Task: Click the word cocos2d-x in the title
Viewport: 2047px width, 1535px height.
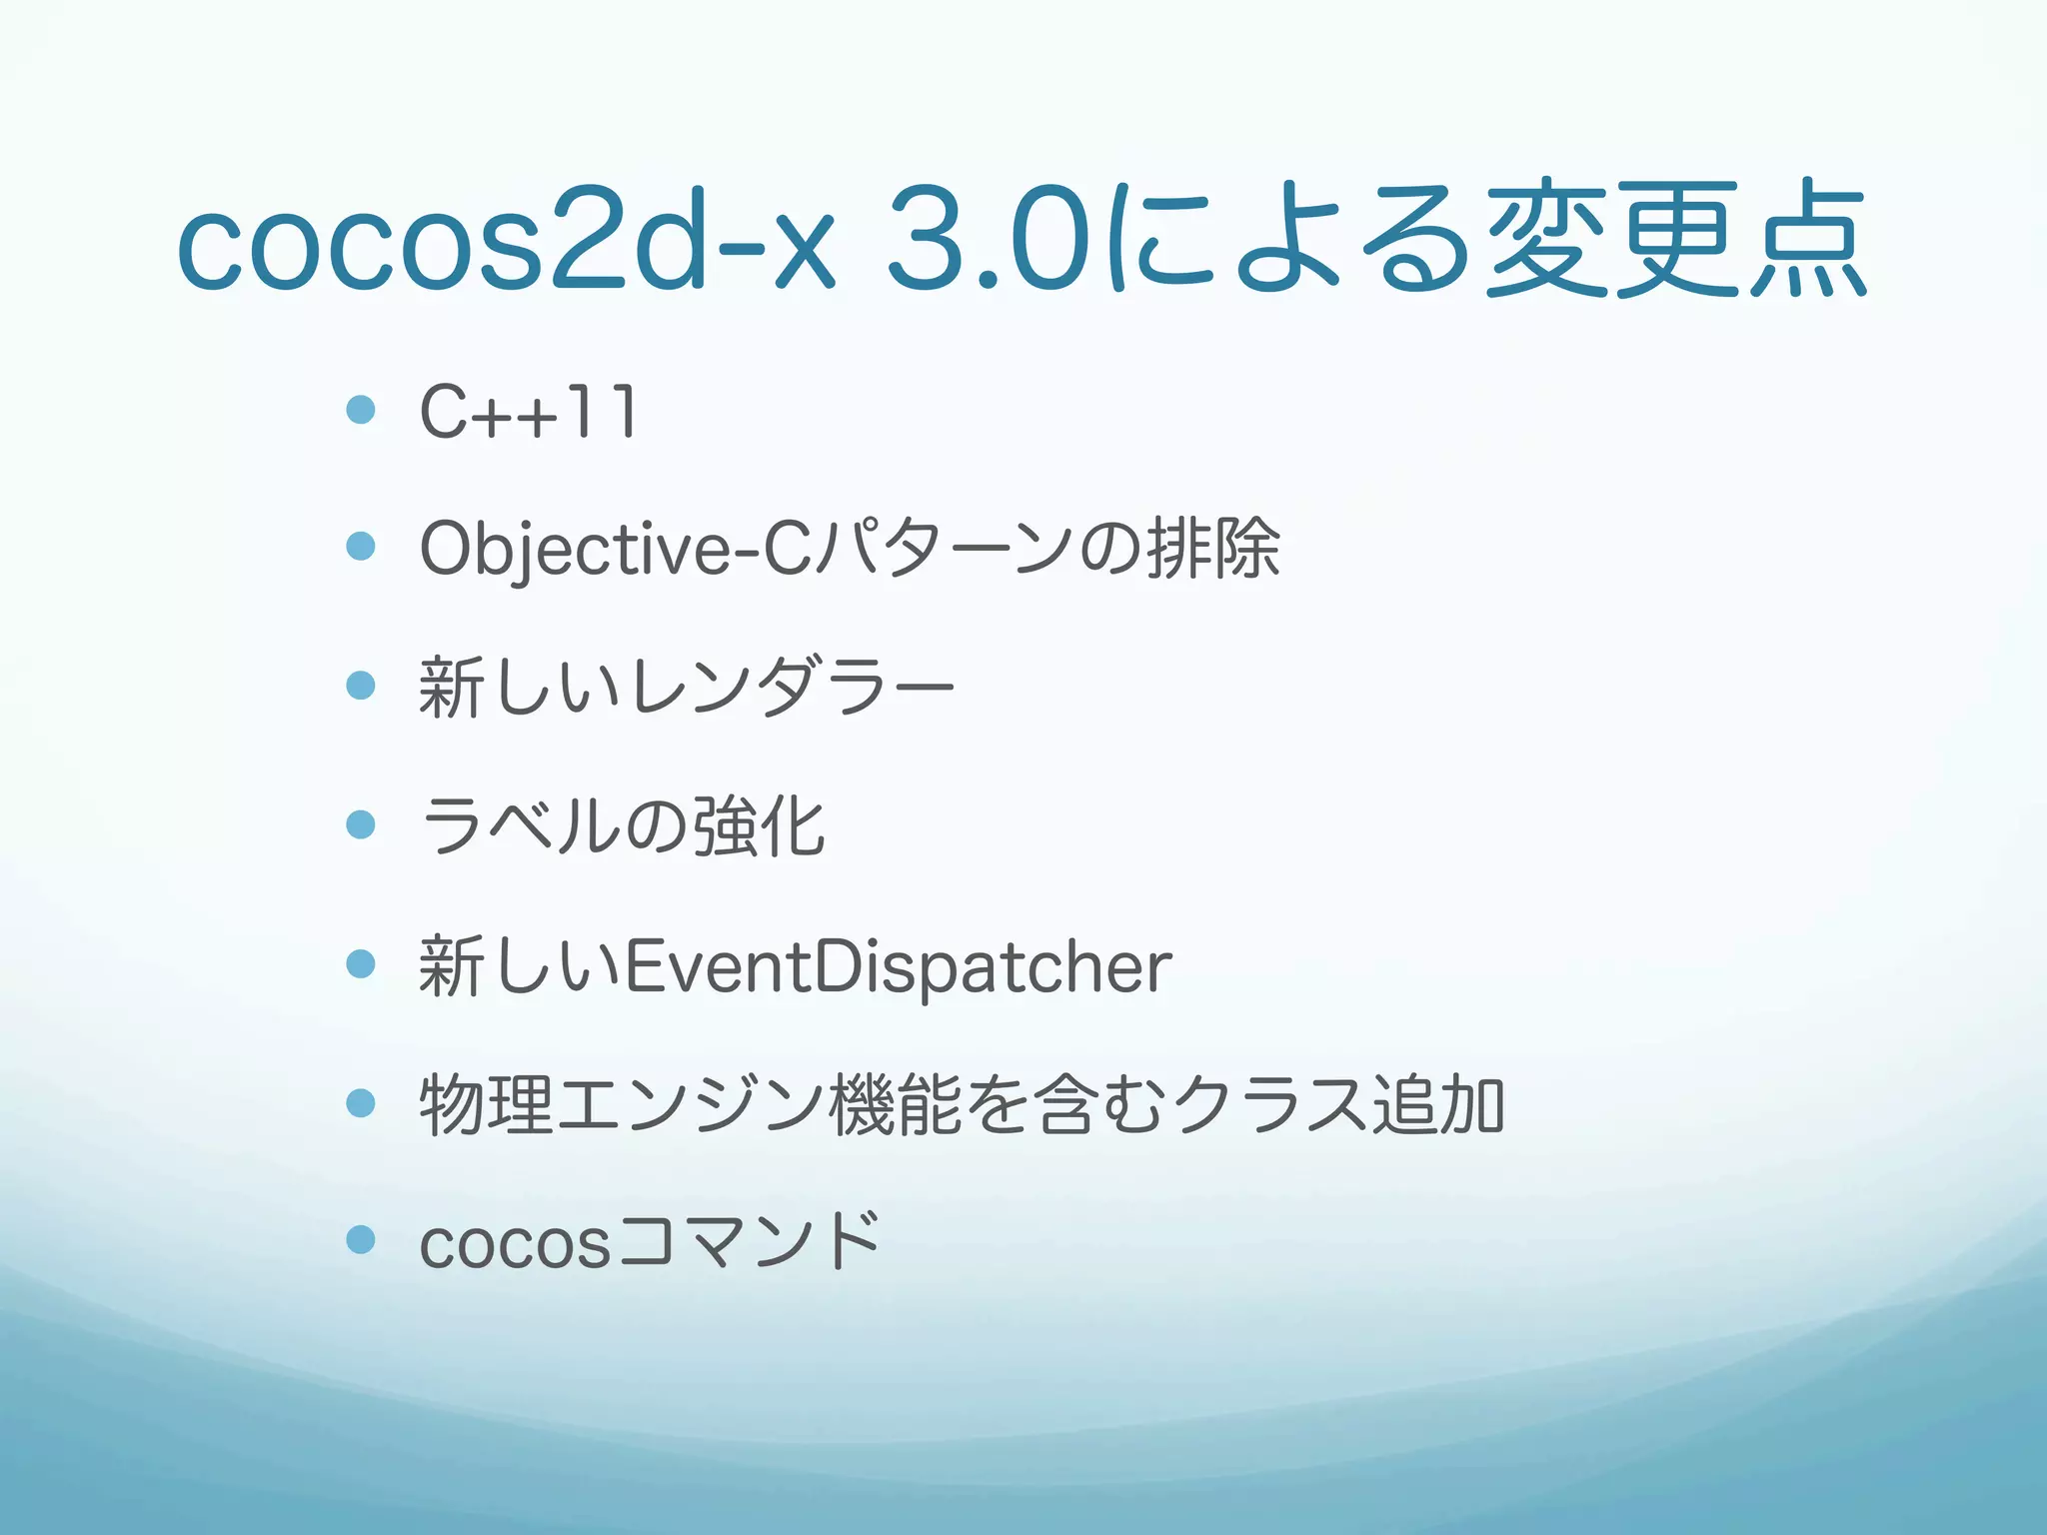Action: (505, 240)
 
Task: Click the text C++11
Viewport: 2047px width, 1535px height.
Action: (528, 412)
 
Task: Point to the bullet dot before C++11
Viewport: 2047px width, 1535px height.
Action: (360, 410)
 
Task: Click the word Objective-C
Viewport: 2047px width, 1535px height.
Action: (614, 549)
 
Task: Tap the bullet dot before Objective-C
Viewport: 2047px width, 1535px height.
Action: (360, 547)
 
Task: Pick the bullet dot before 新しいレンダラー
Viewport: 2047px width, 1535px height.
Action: (360, 686)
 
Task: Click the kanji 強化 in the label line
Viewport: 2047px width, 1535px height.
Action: (759, 826)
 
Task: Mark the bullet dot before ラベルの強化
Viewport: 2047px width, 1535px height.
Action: (360, 824)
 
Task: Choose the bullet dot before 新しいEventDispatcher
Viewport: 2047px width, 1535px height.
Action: (360, 964)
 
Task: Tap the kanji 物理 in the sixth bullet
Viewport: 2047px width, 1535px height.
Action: (486, 1105)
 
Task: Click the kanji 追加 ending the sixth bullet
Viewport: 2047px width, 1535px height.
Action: (1438, 1105)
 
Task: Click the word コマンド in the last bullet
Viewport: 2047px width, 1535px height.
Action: (750, 1243)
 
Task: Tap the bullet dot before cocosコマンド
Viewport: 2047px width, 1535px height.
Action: (360, 1240)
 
